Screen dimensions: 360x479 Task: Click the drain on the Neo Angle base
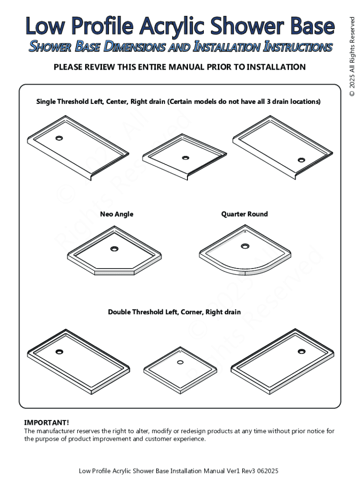(x=115, y=249)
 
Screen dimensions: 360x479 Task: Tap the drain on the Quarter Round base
(x=245, y=246)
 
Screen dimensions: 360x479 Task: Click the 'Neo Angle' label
(x=116, y=214)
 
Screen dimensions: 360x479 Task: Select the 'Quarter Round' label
(x=245, y=214)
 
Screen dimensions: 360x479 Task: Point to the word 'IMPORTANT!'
(x=46, y=423)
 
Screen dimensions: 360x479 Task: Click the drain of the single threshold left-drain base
(x=59, y=138)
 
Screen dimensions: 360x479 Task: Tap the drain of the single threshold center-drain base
(x=185, y=158)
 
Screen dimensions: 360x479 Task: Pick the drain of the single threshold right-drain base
(x=302, y=160)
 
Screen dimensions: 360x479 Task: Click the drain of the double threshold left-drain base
(x=59, y=352)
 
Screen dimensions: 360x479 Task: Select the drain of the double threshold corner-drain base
(x=180, y=363)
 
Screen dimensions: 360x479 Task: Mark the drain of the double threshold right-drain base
(x=302, y=351)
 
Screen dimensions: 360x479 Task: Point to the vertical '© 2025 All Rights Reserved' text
(x=352, y=57)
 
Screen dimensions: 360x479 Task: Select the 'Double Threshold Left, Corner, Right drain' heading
(x=174, y=312)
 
